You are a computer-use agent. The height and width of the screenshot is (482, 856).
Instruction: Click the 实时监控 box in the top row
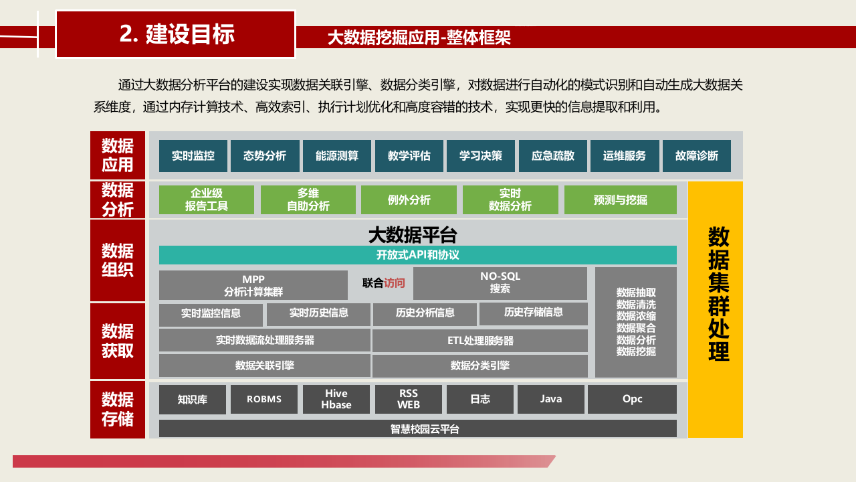click(193, 156)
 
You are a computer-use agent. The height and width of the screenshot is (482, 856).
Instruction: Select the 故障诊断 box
click(696, 156)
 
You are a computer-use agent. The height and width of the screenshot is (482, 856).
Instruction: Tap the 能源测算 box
click(336, 156)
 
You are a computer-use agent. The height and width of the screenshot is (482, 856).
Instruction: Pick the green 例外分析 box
click(409, 199)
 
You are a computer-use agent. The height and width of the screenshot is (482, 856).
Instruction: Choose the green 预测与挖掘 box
click(620, 199)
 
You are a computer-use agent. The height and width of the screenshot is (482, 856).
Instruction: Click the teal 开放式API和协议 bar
click(417, 255)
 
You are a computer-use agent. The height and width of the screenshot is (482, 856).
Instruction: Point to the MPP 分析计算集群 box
click(253, 285)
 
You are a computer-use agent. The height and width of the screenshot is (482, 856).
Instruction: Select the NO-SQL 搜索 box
click(500, 283)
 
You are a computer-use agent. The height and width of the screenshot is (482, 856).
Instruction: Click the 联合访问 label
click(383, 283)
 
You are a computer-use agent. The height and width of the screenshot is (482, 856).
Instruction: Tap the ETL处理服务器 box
click(480, 341)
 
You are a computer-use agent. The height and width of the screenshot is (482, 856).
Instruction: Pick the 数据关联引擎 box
click(264, 366)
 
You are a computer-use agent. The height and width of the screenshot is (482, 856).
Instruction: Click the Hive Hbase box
click(336, 399)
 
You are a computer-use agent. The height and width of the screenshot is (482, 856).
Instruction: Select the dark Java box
click(550, 399)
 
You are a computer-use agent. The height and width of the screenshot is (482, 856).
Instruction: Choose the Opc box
click(632, 399)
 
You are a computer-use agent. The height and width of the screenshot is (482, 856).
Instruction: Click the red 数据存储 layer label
click(118, 410)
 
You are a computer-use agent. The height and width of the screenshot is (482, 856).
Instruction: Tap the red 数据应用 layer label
click(118, 155)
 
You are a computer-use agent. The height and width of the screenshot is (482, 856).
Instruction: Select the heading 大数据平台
click(413, 235)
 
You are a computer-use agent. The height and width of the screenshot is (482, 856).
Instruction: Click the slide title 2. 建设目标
click(176, 34)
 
